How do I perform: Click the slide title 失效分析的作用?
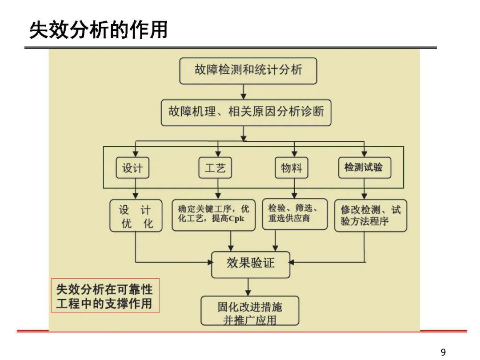point(98,30)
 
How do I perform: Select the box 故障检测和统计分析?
point(248,71)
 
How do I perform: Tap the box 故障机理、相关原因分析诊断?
point(246,112)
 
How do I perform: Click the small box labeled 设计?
point(132,168)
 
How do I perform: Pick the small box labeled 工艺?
point(215,168)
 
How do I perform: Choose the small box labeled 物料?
point(291,168)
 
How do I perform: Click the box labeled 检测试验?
point(364,168)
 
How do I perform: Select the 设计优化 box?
point(136,216)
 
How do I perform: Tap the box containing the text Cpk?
point(213,215)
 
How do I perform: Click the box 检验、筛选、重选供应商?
point(295,214)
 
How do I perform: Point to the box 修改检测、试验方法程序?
point(370,216)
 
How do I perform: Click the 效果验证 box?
point(250,265)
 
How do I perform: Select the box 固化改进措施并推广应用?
point(249,310)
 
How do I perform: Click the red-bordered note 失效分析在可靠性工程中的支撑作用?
point(105,296)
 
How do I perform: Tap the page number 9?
point(443,352)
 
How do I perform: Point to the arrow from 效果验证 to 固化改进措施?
point(248,287)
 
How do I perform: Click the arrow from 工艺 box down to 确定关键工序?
point(218,189)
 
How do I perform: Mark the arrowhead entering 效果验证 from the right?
point(292,262)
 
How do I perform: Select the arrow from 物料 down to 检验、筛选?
point(294,188)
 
